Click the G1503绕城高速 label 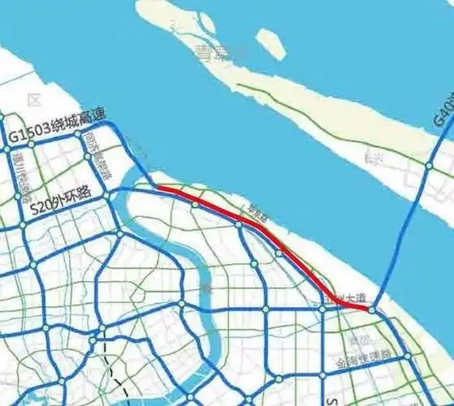(x=57, y=127)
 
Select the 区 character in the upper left (x=33, y=100)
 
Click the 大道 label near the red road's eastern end (x=348, y=298)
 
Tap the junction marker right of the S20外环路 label (x=106, y=196)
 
